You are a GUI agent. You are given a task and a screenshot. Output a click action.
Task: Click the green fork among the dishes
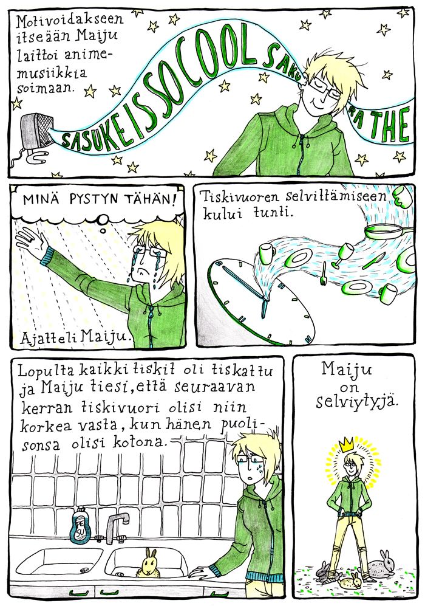click(x=323, y=274)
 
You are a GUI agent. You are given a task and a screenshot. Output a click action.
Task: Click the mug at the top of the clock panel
click(x=402, y=196)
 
